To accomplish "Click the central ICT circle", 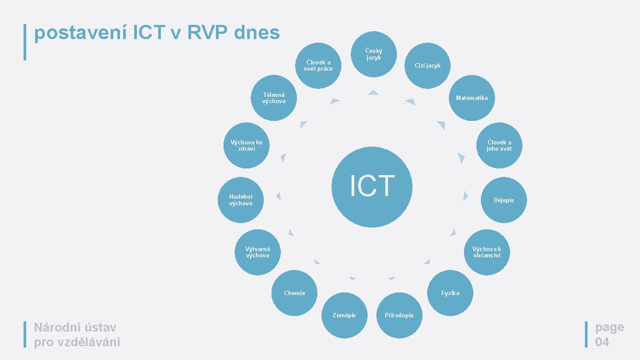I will (x=372, y=187).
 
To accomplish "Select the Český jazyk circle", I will (x=374, y=54).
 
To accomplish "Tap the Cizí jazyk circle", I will (x=428, y=65).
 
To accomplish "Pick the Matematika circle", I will (x=472, y=98).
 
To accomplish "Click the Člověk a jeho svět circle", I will (x=499, y=145).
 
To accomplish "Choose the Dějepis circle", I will (x=504, y=200).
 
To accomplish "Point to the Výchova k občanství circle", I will (x=487, y=252).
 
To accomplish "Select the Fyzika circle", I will (x=450, y=293).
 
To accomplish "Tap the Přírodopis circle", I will (x=399, y=315).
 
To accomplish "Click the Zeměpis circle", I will (x=344, y=315).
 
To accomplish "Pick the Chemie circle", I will (x=294, y=293).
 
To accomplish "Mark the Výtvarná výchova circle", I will (x=258, y=252).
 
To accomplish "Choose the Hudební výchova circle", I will (x=240, y=200).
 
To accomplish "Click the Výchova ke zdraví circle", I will (x=246, y=145).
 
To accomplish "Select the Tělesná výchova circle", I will (x=274, y=98).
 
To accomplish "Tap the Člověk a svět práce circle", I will (x=318, y=65).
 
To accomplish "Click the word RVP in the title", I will (x=202, y=32).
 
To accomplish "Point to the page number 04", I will (x=602, y=342).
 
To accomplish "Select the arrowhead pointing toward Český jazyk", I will (x=373, y=92).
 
